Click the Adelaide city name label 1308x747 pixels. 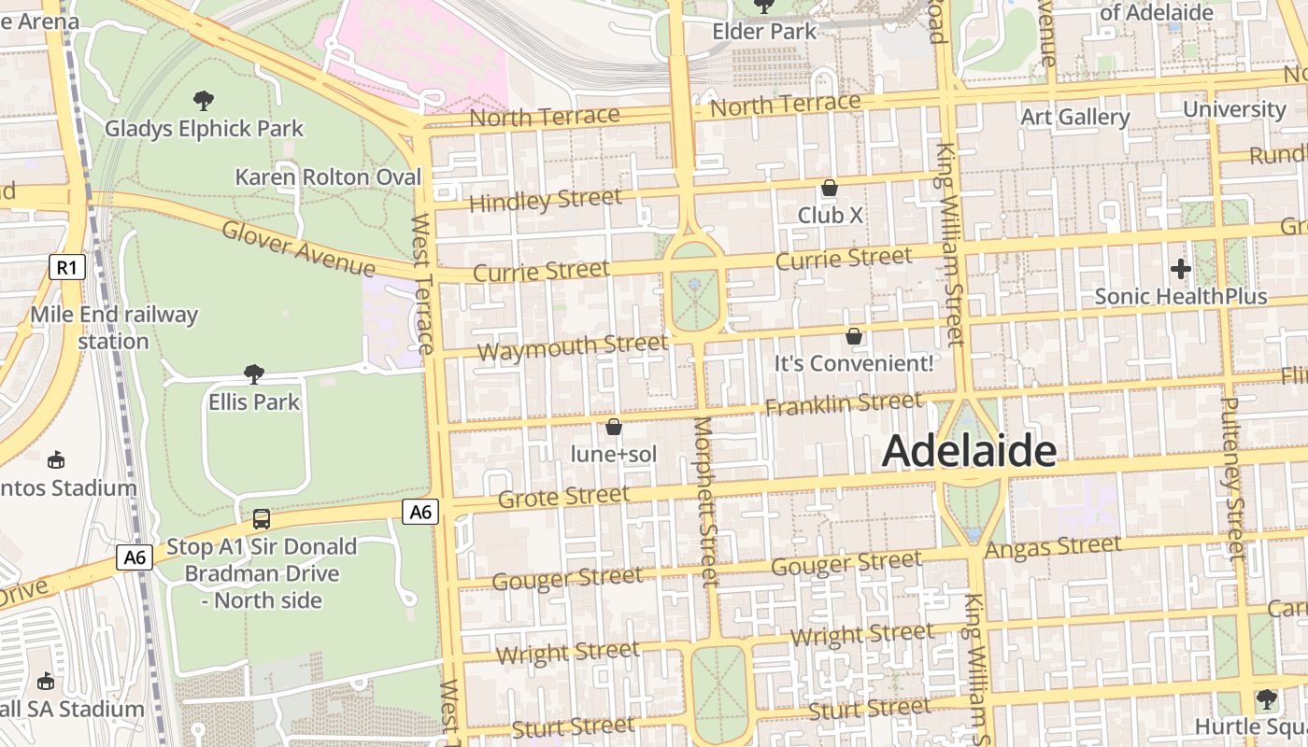tap(969, 451)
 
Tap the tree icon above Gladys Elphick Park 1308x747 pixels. tap(203, 100)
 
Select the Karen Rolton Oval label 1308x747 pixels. tap(328, 176)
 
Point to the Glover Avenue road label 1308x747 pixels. tap(298, 248)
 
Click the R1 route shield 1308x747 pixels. tap(66, 268)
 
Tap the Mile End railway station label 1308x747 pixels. tap(114, 328)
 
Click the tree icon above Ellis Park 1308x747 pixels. tap(253, 374)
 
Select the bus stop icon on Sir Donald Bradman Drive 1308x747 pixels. tap(262, 519)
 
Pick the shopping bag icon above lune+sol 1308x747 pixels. tap(614, 427)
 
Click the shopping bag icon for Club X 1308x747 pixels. tap(829, 188)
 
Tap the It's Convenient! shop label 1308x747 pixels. tap(853, 363)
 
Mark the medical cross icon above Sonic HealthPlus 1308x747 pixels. tap(1181, 269)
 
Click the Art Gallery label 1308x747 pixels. tap(1074, 117)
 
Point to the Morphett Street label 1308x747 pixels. tap(705, 500)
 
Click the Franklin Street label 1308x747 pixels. tap(844, 403)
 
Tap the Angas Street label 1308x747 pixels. tap(1054, 547)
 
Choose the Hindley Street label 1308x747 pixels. tap(545, 200)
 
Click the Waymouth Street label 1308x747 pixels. tap(573, 347)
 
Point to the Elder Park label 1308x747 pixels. tap(764, 31)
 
